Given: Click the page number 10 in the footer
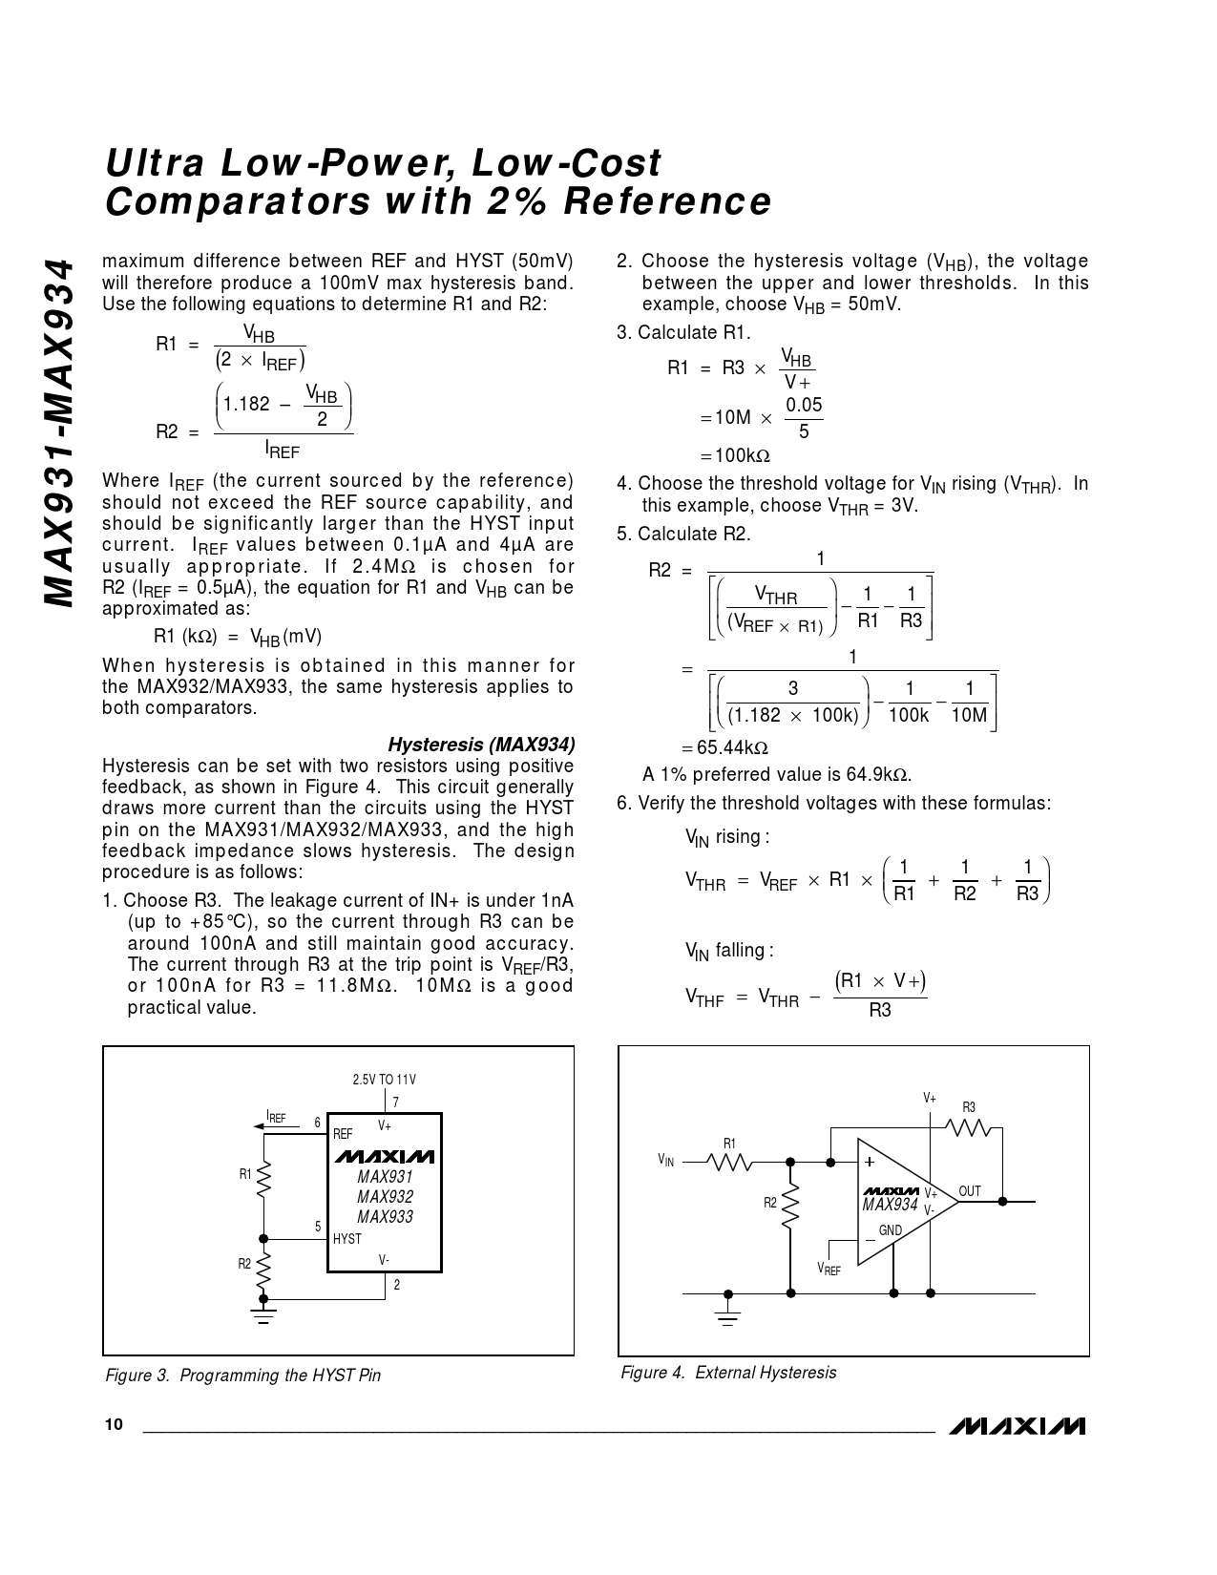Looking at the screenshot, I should click(x=114, y=1425).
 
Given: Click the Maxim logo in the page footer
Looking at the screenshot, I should click(x=1018, y=1426).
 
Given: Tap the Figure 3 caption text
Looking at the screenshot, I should click(x=242, y=1375).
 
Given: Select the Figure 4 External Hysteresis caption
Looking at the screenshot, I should click(x=728, y=1372).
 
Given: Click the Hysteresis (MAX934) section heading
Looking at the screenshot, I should click(x=481, y=745).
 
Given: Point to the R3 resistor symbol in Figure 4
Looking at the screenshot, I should click(x=968, y=1127).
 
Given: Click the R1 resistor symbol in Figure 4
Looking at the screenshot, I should click(x=730, y=1162).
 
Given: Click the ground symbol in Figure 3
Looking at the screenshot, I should click(x=264, y=1315).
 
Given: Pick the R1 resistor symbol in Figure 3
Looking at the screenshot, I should click(x=264, y=1177).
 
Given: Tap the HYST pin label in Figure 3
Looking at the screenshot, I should click(x=347, y=1239).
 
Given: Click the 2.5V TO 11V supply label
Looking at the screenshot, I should click(x=384, y=1080).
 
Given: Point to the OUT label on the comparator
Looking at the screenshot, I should click(x=970, y=1191).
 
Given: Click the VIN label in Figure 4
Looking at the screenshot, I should click(x=665, y=1161).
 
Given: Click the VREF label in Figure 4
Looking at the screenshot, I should click(x=829, y=1269).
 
